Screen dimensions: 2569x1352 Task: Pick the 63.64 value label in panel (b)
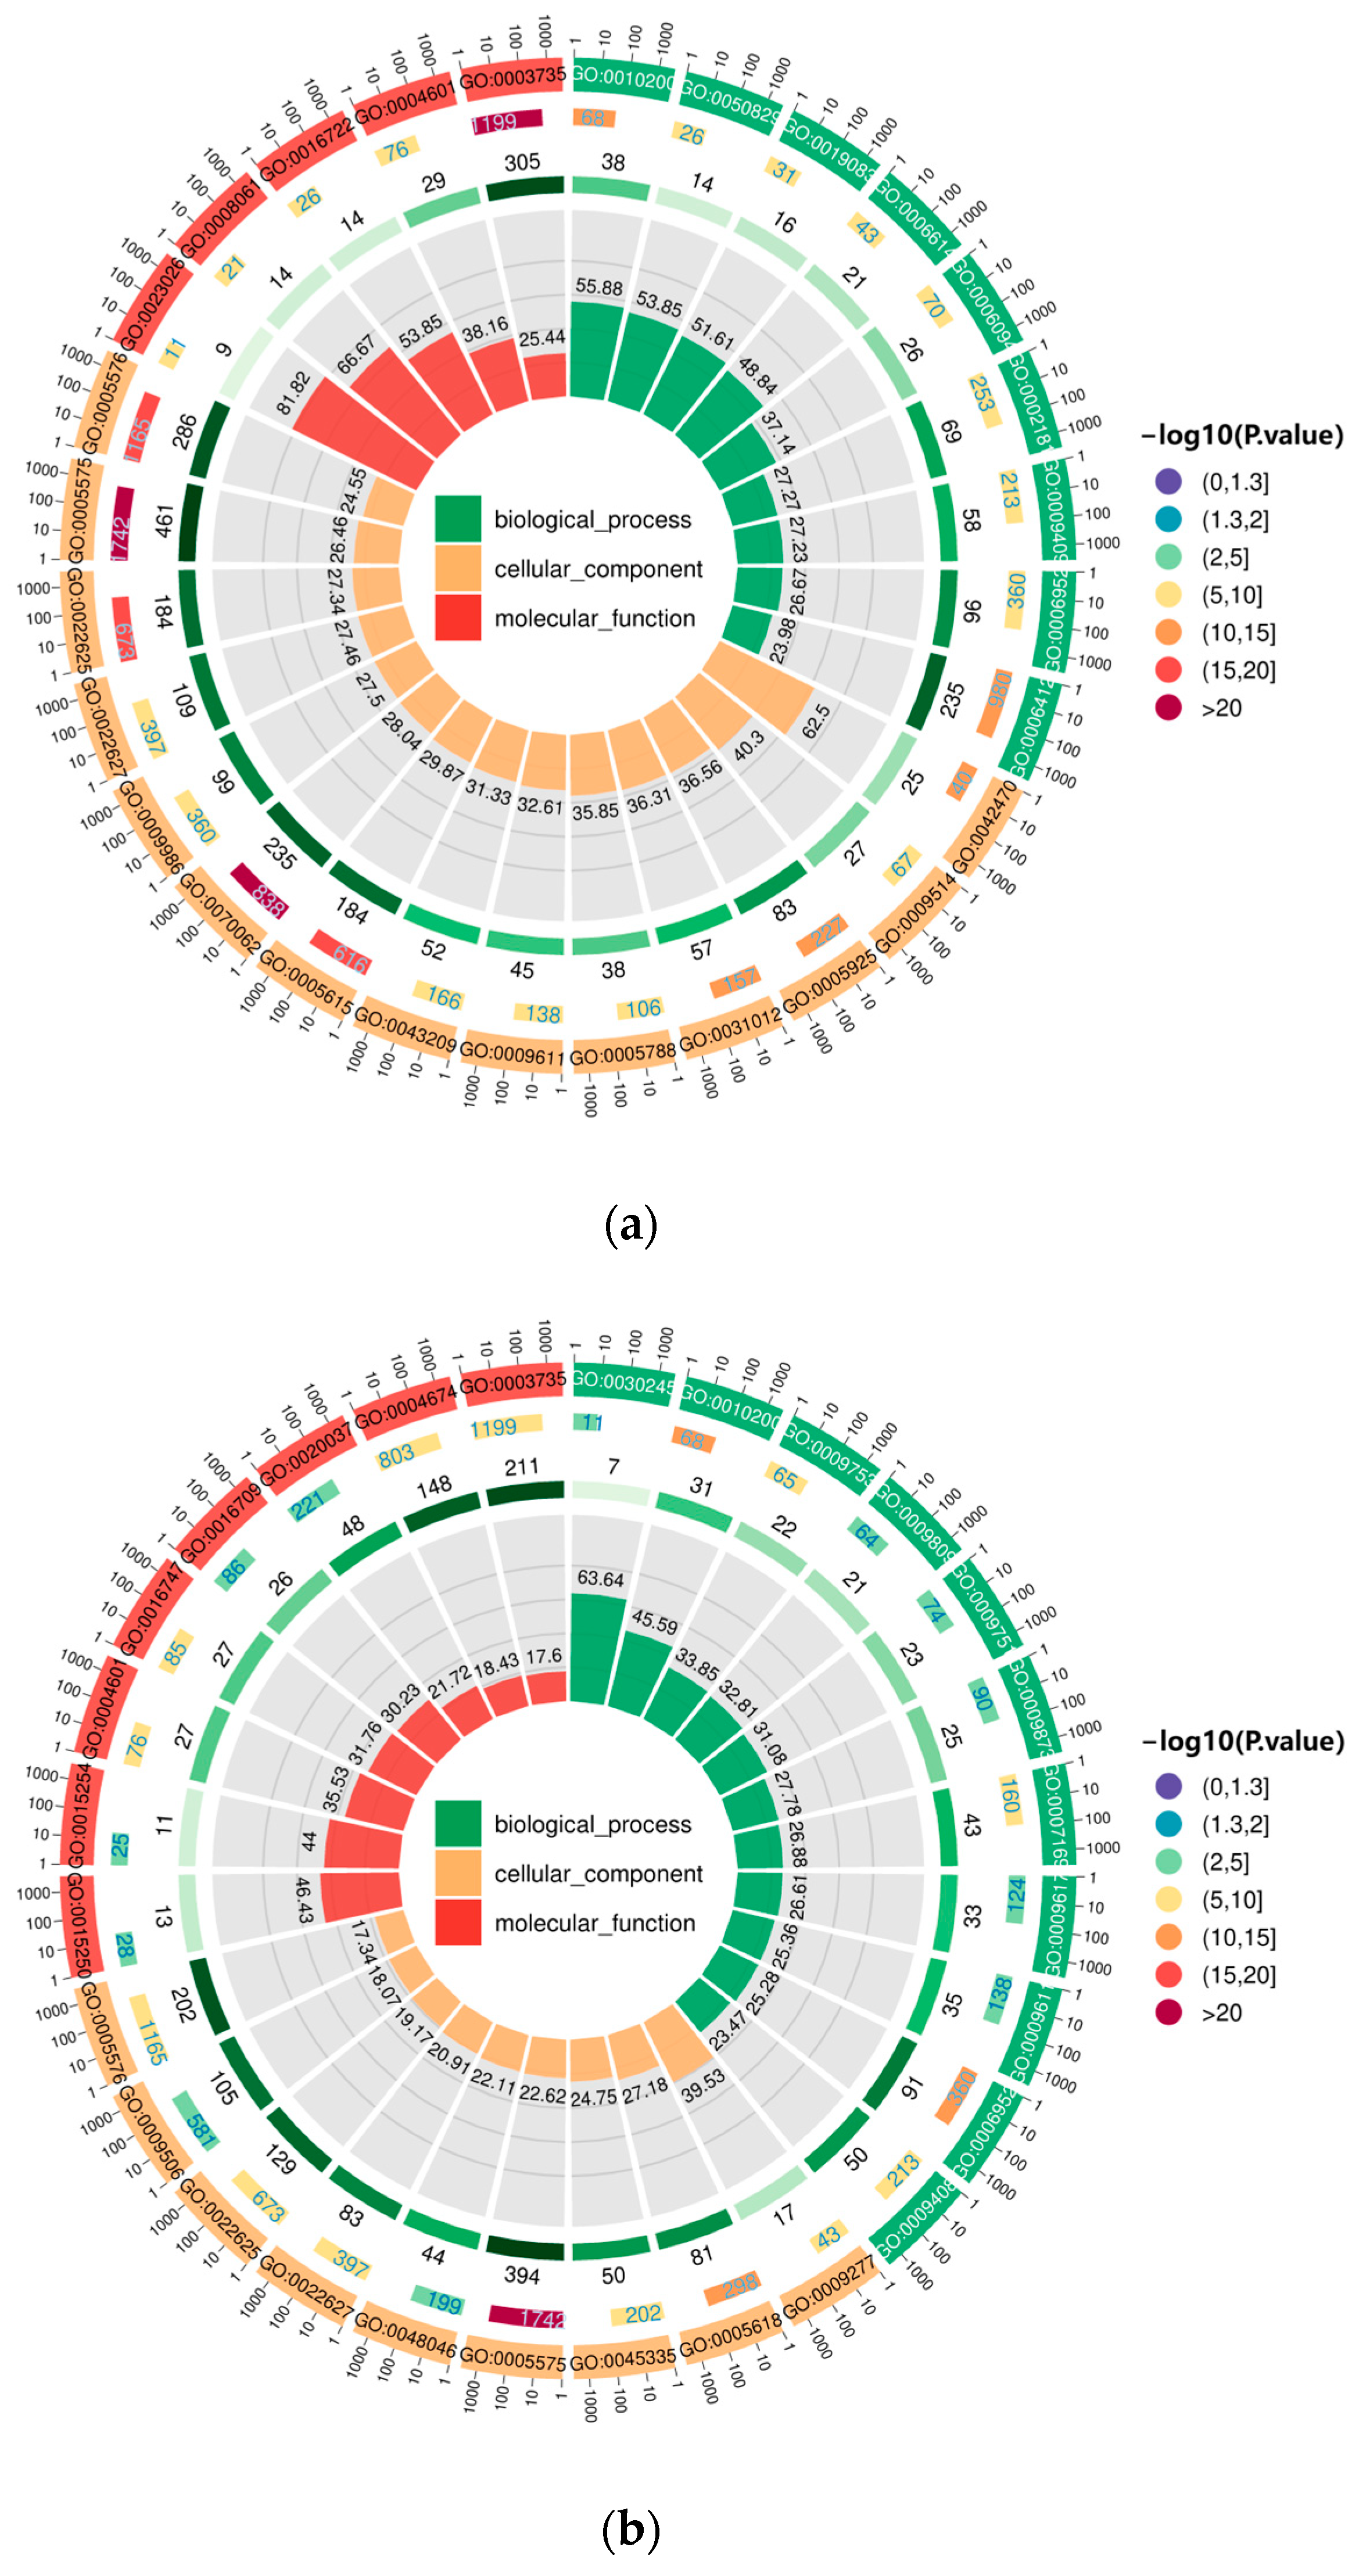coord(600,1578)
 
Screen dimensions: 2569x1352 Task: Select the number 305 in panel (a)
coord(522,162)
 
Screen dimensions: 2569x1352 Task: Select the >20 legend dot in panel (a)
coord(1168,708)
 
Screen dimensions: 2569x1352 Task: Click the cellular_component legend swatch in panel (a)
coord(458,568)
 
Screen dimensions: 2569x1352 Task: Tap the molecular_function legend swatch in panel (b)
coord(458,1923)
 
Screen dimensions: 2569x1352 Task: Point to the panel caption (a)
coord(631,1225)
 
